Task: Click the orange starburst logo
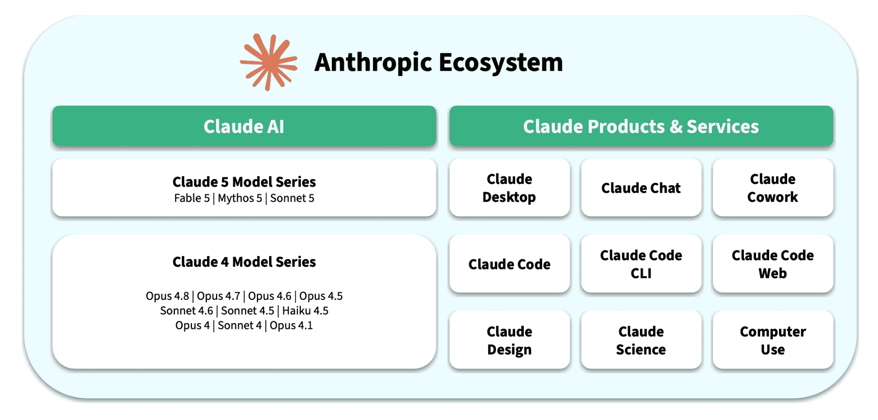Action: click(268, 62)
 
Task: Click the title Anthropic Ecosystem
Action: click(439, 63)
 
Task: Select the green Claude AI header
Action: click(244, 126)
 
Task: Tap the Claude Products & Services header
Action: click(641, 126)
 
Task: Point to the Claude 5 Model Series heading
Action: click(244, 182)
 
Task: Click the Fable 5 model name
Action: click(192, 198)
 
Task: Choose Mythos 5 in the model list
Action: click(240, 198)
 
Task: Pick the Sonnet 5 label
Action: click(292, 198)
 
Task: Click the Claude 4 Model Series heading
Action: click(244, 262)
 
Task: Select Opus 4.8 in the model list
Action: click(167, 296)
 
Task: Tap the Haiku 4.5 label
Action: click(305, 311)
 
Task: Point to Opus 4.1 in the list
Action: click(291, 325)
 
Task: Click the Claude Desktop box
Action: click(509, 188)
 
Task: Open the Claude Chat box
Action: click(641, 188)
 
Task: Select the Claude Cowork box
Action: click(773, 188)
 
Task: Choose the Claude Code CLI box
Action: click(641, 264)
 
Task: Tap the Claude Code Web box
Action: click(773, 264)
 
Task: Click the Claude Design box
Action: click(509, 340)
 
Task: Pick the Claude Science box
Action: click(641, 340)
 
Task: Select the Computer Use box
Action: click(773, 340)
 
